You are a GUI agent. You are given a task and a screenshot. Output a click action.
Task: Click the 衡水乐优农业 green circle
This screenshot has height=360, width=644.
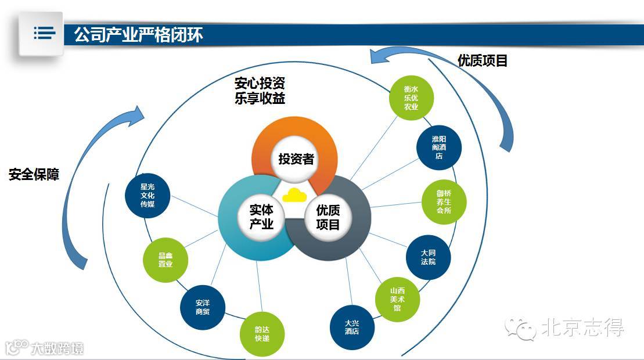coord(411,98)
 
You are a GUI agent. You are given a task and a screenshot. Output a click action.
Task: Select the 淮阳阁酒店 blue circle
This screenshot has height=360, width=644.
coord(439,147)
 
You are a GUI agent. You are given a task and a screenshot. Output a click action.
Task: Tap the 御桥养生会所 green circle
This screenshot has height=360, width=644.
coord(444,202)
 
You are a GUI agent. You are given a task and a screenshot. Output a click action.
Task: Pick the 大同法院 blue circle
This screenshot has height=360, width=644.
coord(429,257)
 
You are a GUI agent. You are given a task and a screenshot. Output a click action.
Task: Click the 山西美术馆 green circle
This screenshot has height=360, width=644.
coord(397,299)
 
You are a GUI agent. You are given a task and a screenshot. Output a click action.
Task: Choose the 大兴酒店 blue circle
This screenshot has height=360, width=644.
coord(352,327)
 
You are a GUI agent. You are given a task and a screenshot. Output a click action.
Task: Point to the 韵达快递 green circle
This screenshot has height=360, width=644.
coord(262,333)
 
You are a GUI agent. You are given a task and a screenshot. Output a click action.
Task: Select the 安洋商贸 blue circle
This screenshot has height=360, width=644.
coord(203,307)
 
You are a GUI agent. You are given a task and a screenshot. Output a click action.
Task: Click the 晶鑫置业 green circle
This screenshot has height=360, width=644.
coord(166,260)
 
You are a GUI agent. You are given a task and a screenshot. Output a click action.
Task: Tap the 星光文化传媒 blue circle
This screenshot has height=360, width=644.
coord(147,196)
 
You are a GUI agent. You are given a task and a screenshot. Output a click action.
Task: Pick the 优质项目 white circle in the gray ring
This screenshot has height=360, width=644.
coord(328,217)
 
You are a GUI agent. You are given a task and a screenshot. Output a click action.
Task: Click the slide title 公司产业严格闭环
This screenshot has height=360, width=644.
coord(139,35)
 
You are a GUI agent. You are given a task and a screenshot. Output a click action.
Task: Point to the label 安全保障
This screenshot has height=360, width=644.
coord(34,174)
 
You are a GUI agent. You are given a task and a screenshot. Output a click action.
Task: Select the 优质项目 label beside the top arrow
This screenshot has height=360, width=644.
coord(483,60)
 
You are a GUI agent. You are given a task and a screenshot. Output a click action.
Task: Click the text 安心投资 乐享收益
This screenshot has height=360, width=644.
coord(260,91)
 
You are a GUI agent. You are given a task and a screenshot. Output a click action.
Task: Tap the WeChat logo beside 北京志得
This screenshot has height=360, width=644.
coord(521,329)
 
